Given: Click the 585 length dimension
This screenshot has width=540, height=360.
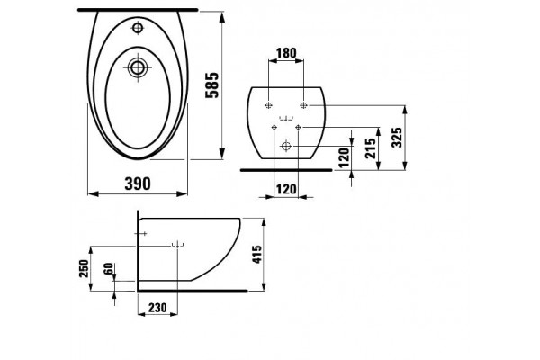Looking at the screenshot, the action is [x=212, y=85].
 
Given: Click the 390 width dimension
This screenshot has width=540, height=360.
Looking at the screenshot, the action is [x=138, y=184].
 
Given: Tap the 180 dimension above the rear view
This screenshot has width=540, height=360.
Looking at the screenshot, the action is [x=286, y=53].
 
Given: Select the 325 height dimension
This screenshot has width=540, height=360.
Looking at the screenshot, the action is [x=398, y=137].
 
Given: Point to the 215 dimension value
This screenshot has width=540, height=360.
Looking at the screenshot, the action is [x=371, y=148].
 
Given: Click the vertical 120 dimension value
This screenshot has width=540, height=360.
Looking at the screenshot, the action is [x=344, y=157].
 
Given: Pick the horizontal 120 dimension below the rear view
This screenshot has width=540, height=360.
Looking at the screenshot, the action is [x=286, y=189].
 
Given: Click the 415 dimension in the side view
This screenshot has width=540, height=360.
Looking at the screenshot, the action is [x=257, y=254].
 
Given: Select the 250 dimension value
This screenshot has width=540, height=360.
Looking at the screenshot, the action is [x=84, y=268].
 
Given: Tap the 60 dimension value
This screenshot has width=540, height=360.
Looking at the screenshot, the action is [x=109, y=268].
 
